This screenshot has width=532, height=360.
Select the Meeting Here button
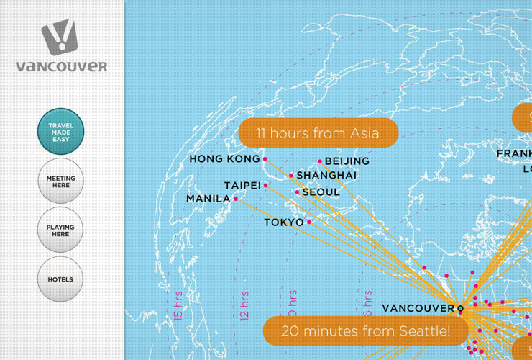point(60,181)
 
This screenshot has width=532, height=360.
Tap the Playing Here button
point(60,230)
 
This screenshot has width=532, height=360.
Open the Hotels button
point(60,279)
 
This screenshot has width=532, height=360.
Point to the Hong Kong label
point(224,158)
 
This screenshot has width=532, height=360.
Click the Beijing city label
point(347,161)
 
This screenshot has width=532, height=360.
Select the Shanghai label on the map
point(326,175)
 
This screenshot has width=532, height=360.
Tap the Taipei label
point(242,186)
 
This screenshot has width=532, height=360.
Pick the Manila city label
point(208,199)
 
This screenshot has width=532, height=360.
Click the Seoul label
point(321,192)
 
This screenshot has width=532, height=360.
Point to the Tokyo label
point(284,222)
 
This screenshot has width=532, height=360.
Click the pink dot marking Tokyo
point(309,222)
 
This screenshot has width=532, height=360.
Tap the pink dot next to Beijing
point(320,161)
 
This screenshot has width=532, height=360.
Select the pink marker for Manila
point(236,199)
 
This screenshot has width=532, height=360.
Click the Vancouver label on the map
point(418,308)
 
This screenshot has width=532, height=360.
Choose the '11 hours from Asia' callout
point(318,133)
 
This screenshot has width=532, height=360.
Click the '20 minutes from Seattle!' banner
point(366,331)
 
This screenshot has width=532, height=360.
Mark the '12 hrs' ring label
point(244,305)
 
